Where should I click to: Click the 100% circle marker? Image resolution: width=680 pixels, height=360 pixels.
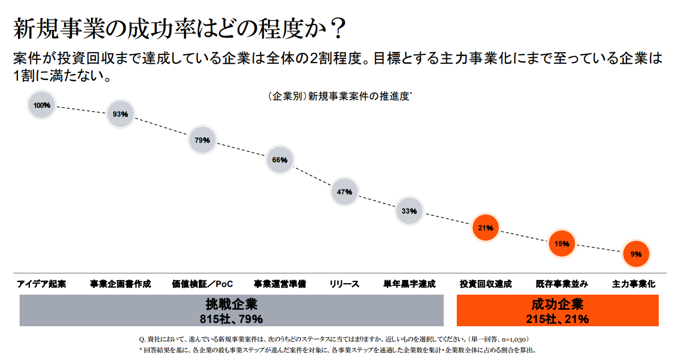42,105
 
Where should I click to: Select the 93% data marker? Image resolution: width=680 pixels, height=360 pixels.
120,114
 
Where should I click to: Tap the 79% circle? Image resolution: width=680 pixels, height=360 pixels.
202,140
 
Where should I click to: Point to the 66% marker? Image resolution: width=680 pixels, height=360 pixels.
279,160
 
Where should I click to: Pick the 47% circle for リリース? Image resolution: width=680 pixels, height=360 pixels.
345,192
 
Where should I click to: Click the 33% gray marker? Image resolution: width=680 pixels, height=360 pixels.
409,211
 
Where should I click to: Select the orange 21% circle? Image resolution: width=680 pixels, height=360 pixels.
485,228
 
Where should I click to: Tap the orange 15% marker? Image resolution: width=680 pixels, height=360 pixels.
561,243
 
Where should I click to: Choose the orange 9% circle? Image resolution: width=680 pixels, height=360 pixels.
635,254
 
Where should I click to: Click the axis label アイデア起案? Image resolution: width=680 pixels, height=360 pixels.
42,284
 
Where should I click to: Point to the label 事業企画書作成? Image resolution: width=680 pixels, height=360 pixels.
120,284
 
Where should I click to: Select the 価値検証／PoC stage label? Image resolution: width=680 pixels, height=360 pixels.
202,284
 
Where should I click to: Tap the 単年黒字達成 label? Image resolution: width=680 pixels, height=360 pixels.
409,284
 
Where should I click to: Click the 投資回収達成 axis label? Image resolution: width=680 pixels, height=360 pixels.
486,284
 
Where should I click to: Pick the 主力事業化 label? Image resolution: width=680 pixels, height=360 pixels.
634,284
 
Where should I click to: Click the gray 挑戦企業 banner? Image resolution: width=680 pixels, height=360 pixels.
231,310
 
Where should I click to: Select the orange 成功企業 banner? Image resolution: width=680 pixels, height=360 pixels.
557,310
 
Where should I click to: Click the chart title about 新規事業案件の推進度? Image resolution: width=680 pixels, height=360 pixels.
340,96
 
